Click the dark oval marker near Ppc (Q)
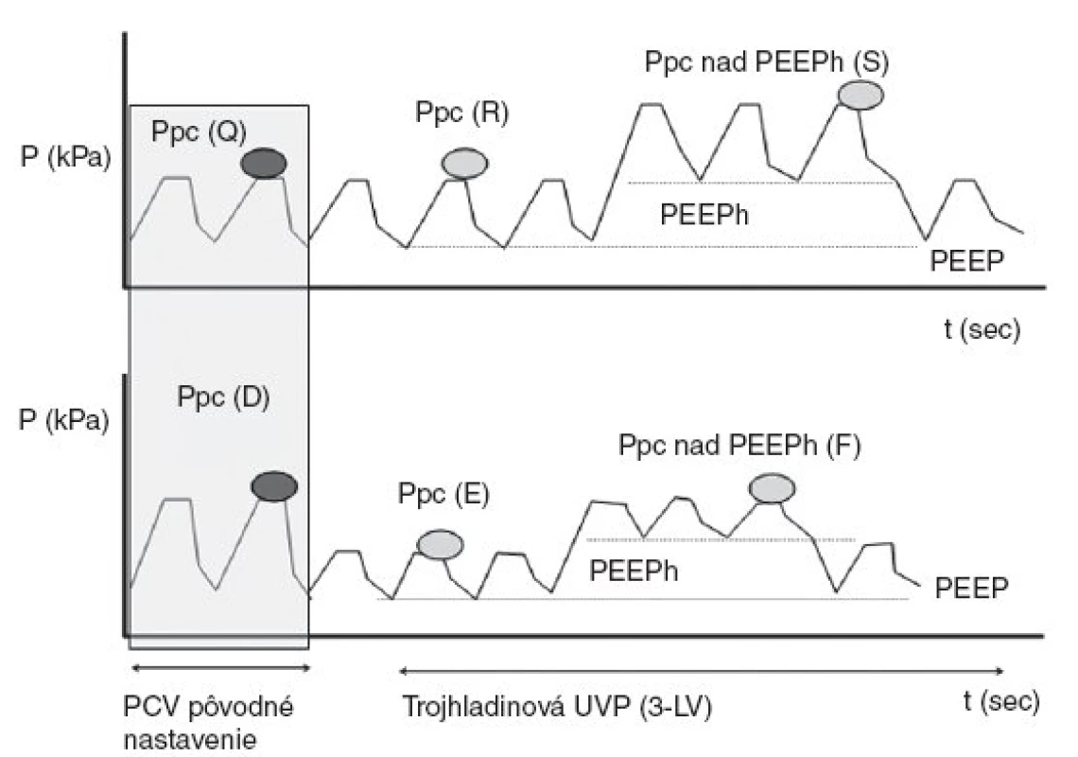(263, 164)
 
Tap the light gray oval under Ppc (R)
(464, 163)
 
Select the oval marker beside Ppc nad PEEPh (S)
(861, 95)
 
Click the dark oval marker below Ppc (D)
(274, 486)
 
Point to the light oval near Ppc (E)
(440, 545)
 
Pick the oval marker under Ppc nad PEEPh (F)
(772, 488)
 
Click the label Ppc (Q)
(199, 131)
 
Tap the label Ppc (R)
(462, 112)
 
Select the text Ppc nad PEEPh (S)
(767, 62)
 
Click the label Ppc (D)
(223, 397)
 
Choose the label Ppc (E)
(443, 494)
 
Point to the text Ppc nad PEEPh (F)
(739, 446)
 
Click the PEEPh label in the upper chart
(704, 215)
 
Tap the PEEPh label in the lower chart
(634, 571)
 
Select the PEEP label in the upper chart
(966, 261)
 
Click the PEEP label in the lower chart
(971, 589)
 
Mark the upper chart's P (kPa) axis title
(65, 158)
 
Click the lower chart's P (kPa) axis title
(64, 419)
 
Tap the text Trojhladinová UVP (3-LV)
(556, 707)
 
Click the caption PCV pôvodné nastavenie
(208, 723)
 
